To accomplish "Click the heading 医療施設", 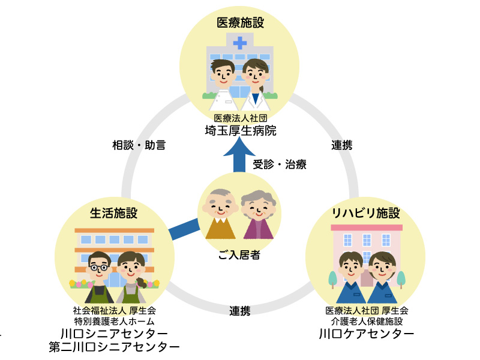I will point(240,23).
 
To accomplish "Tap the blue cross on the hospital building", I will point(240,43).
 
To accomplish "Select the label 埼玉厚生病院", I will point(240,130).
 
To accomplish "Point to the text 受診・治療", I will point(279,164).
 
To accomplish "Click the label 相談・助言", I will point(139,145).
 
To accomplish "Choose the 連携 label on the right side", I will point(341,145).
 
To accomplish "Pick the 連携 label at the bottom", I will point(239,311).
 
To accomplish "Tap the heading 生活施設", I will point(114,213).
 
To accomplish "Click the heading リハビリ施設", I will point(365,213).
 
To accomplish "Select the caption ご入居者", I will point(239,256).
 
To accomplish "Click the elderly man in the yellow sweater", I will point(219,216).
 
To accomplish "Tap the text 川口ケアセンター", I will point(366,334).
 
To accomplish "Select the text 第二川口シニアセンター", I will point(114,347).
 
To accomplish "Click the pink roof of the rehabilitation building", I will point(366,227).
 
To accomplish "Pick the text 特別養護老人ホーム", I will point(114,322).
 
